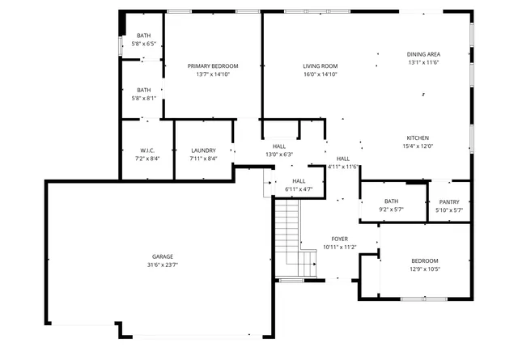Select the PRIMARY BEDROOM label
point(213,66)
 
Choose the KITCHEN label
point(417,138)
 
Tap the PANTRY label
point(449,201)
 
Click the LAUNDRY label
point(203,150)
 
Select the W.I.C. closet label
point(147,150)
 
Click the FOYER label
point(340,239)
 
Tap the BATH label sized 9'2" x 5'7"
point(392,201)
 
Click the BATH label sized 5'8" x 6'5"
point(143,36)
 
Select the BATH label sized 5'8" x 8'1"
point(143,90)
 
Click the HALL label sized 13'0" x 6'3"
point(279,146)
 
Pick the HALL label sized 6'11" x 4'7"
point(299,181)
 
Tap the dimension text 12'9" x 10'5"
point(424,269)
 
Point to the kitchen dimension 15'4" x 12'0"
point(418,146)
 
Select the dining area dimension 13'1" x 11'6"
point(423,62)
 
